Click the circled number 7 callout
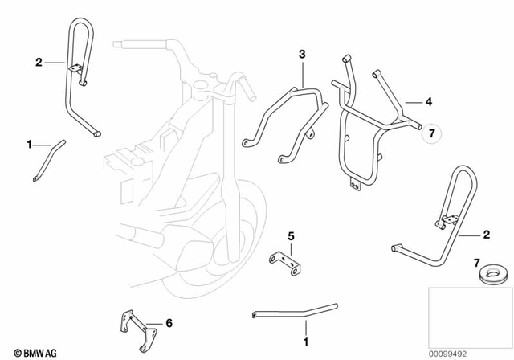coord(430,133)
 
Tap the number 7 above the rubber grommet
coord(476,264)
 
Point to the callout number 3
coord(302,54)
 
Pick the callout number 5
coord(292,237)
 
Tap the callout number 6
coord(169,323)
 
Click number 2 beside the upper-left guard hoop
coord(38,61)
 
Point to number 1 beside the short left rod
coord(30,145)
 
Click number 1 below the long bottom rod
coord(305,328)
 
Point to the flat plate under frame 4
coord(354,185)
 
